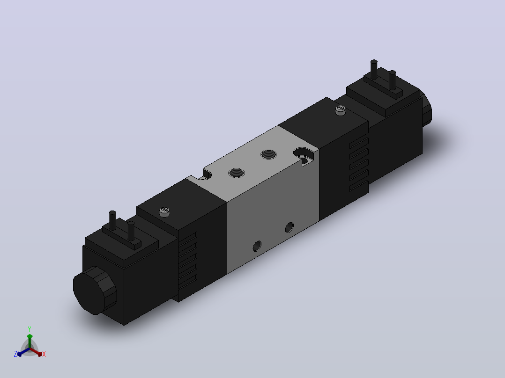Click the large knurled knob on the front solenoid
(x=94, y=290)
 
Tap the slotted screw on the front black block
(x=164, y=211)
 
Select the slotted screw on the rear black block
(x=341, y=110)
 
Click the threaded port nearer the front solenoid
(x=237, y=173)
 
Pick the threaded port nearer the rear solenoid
(x=268, y=154)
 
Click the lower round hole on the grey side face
(x=257, y=246)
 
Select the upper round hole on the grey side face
(x=289, y=227)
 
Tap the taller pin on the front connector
(x=112, y=220)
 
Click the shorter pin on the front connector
(x=131, y=231)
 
